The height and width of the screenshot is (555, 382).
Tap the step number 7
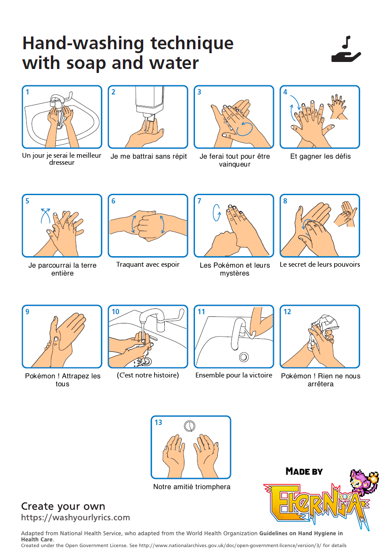pyautogui.click(x=199, y=201)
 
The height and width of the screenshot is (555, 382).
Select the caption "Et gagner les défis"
pyautogui.click(x=321, y=156)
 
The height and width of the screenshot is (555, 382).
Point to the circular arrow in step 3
pyautogui.click(x=244, y=128)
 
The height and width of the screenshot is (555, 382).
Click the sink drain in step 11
pyautogui.click(x=244, y=357)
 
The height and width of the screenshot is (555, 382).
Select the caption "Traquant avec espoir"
pyautogui.click(x=148, y=265)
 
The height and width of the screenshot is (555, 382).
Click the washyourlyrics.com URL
pyautogui.click(x=76, y=518)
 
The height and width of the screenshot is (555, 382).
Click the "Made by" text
pyautogui.click(x=304, y=472)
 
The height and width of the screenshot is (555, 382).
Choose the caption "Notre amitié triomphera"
pyautogui.click(x=191, y=487)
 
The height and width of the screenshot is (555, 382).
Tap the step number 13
pyautogui.click(x=158, y=423)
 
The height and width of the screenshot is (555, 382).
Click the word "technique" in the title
pyautogui.click(x=192, y=44)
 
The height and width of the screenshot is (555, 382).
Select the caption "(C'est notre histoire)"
pyautogui.click(x=148, y=375)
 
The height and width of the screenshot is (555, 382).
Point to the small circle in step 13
pyautogui.click(x=189, y=426)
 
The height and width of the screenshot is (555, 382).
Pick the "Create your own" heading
pyautogui.click(x=63, y=506)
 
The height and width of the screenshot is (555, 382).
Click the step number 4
pyautogui.click(x=285, y=92)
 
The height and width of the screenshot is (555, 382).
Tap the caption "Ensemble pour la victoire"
pyautogui.click(x=234, y=375)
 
